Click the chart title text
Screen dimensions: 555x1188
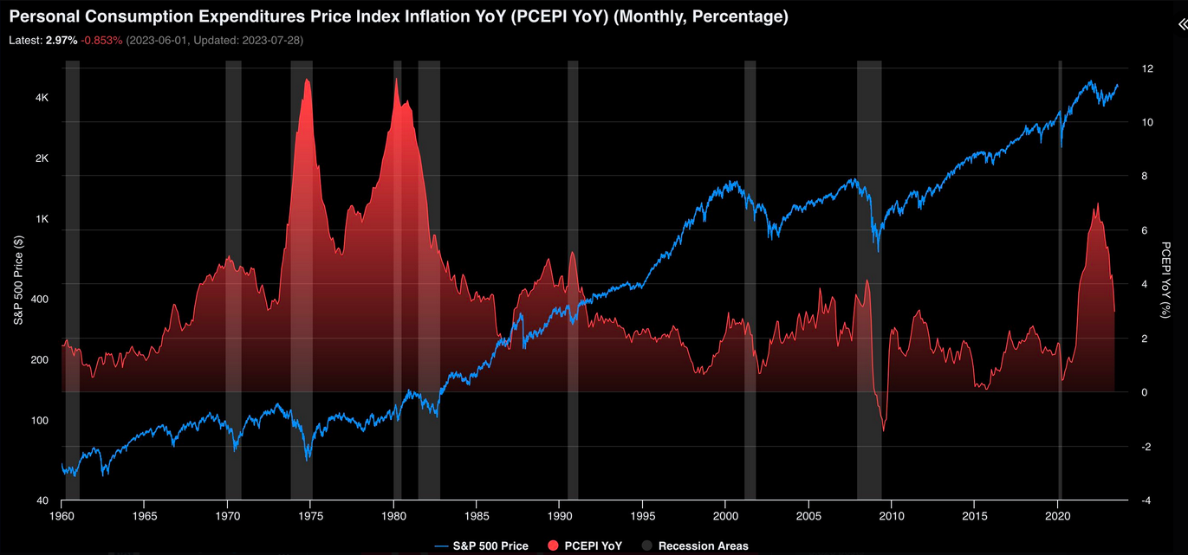[398, 17]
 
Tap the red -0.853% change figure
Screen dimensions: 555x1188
[102, 41]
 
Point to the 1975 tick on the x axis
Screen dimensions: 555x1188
[310, 515]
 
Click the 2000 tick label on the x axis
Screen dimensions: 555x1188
[725, 515]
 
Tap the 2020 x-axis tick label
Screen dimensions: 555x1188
[1057, 515]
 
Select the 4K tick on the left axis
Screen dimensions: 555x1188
[42, 98]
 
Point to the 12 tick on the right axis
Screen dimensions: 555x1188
[1146, 68]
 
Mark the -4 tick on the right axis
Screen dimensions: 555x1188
[1146, 500]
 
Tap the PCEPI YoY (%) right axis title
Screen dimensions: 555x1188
[1166, 281]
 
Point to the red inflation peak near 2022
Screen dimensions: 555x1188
[1097, 204]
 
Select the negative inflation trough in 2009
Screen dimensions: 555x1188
[883, 429]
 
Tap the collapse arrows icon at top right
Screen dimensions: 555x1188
[1180, 27]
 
